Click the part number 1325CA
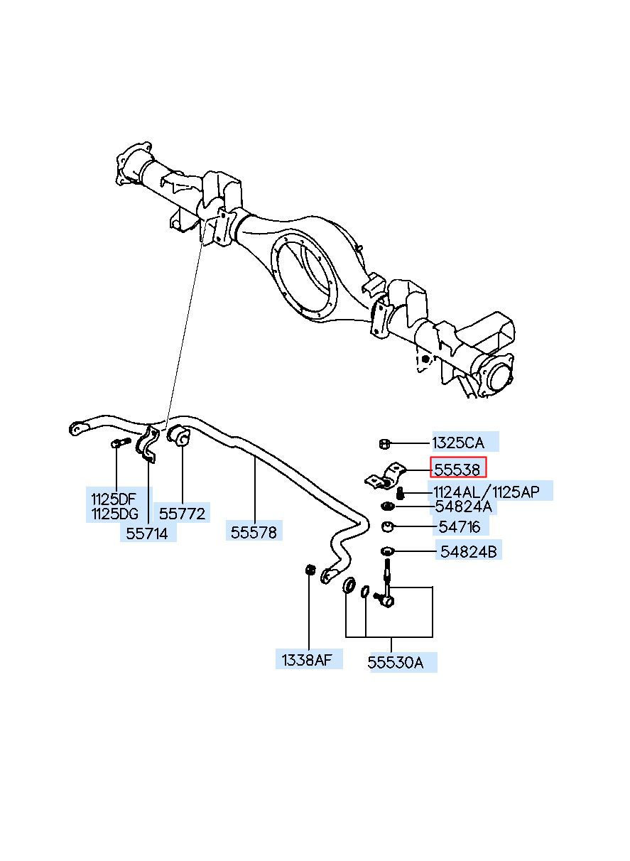(458, 443)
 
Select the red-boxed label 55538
(457, 470)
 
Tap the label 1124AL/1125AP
(487, 492)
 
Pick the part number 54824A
(463, 507)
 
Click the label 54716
(460, 526)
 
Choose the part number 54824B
(468, 551)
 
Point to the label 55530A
(396, 663)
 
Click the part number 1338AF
(306, 660)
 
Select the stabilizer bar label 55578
(254, 532)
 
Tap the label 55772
(183, 514)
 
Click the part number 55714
(147, 533)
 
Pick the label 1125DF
(114, 499)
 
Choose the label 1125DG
(114, 514)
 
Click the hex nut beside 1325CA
(384, 444)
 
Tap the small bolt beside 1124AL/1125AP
(401, 492)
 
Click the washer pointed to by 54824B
(387, 551)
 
